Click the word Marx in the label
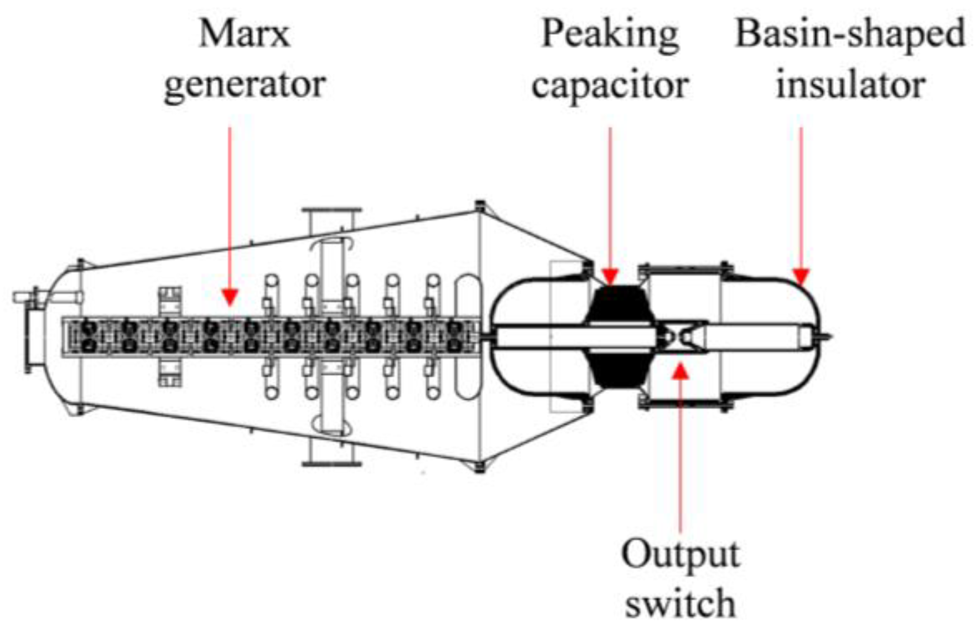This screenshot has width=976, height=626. [244, 34]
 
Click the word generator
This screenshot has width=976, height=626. [244, 85]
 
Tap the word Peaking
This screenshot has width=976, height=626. [610, 34]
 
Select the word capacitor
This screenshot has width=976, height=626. [610, 85]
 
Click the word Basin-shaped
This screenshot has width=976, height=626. [850, 34]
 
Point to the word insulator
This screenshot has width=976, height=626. [850, 85]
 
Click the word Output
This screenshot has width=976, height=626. [680, 553]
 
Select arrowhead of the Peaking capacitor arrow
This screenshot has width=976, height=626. [610, 277]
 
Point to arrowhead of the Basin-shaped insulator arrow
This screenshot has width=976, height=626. [801, 277]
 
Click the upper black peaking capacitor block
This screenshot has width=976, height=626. [621, 304]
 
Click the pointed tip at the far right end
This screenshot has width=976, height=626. [828, 336]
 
